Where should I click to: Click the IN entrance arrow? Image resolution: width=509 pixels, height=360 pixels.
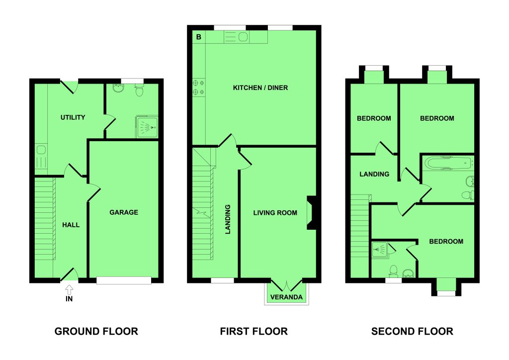tap(69, 289)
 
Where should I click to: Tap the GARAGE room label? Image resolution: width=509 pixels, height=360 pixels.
tap(124, 212)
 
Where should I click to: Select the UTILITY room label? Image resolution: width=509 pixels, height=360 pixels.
tap(73, 117)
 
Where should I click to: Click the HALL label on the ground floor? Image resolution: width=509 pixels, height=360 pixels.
tap(71, 225)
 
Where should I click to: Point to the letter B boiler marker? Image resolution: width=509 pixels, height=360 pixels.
tap(199, 37)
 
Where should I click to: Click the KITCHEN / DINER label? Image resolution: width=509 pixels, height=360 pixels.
tap(260, 88)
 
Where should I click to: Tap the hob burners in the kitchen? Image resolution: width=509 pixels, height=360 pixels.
tap(199, 88)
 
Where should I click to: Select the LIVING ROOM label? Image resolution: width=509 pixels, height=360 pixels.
tap(275, 213)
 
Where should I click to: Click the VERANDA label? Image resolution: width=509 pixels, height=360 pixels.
tap(286, 297)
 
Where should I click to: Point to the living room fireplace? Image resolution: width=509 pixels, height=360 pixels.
tap(311, 213)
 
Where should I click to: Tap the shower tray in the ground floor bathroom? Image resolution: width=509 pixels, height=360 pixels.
tap(147, 127)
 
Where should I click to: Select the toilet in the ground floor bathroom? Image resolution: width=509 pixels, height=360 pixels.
tap(139, 90)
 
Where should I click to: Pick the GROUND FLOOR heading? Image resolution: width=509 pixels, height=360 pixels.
tap(96, 331)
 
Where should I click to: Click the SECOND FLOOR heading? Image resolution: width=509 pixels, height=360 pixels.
tap(412, 331)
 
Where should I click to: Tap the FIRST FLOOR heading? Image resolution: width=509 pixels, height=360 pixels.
tap(254, 331)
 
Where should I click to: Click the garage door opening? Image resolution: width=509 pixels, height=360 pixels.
tap(124, 280)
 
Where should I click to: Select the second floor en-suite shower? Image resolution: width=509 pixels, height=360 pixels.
tap(379, 250)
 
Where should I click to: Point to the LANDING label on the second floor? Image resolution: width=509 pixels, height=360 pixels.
tap(374, 174)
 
